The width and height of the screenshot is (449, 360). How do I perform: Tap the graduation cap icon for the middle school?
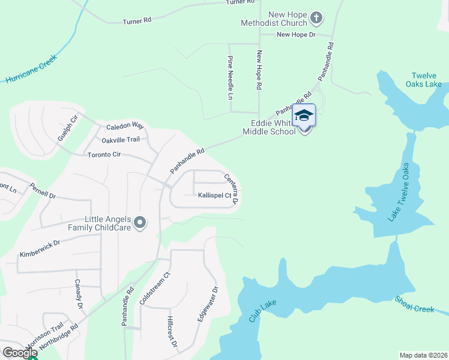point(304,115)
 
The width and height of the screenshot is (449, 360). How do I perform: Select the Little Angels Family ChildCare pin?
point(140,223)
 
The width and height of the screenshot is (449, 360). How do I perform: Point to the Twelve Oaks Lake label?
point(426,80)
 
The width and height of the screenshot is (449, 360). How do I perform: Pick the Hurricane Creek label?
point(31,68)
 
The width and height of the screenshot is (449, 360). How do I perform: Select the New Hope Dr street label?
point(296,35)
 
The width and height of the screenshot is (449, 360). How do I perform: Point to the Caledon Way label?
point(125,127)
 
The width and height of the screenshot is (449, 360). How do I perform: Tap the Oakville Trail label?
point(120,140)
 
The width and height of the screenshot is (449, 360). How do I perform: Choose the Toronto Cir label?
point(104,154)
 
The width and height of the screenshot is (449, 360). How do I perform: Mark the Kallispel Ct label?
point(214,195)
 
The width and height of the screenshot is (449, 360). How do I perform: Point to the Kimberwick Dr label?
point(40,250)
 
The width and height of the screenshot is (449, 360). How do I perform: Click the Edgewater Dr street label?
point(207,305)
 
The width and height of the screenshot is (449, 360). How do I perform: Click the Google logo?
point(20,353)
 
